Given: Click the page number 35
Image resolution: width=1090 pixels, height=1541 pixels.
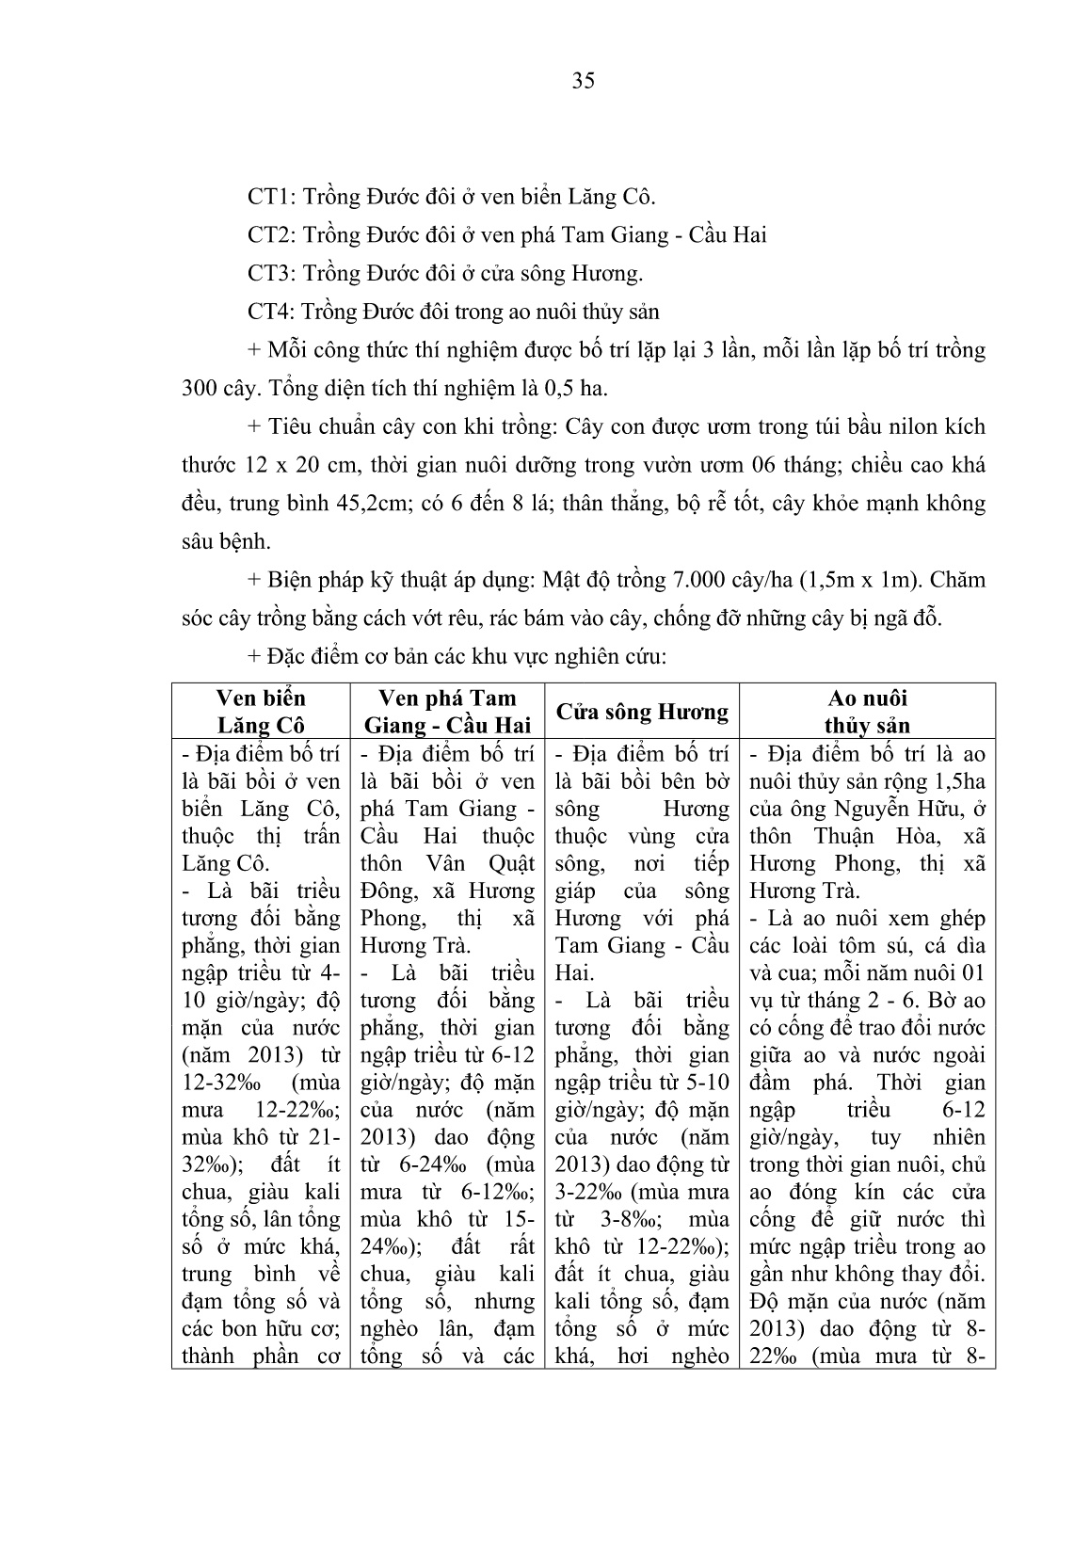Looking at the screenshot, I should pos(583,81).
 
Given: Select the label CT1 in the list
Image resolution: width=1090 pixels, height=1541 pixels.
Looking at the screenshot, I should pos(266,197).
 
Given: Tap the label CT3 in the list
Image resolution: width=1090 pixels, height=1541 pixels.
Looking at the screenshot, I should pos(266,273).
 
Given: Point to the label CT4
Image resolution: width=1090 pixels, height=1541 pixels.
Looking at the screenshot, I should pos(266,312).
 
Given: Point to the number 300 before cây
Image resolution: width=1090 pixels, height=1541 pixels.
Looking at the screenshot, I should pos(200,388).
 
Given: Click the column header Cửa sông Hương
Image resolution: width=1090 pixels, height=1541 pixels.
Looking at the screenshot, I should pos(642,712).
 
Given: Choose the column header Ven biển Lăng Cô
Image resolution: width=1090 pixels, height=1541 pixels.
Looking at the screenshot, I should pos(260,712).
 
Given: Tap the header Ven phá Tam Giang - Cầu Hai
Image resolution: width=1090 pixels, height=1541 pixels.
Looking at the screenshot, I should pos(447,712).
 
